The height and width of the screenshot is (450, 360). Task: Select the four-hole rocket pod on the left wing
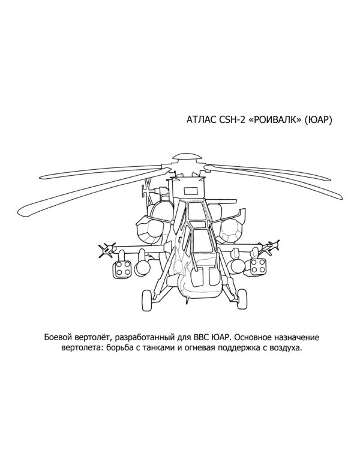click(122, 269)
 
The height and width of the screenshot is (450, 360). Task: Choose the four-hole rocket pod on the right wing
click(259, 266)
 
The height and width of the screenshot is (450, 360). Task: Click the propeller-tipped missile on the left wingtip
click(107, 249)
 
